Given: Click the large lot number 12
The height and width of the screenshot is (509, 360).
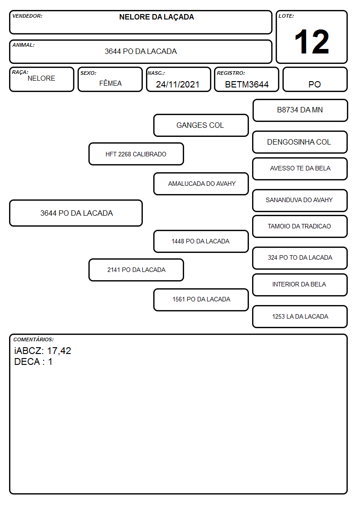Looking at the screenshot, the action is pos(311,42).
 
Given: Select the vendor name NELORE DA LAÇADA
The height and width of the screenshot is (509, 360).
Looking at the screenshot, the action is pos(156,17).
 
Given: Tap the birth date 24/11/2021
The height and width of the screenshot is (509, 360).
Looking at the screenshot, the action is pos(178,84).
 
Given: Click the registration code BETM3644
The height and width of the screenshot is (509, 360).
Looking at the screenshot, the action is pos(247,84).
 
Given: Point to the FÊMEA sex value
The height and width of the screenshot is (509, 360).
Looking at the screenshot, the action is pos(110,83).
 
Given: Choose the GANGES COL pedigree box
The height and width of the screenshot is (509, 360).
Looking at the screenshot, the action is pos(201,125).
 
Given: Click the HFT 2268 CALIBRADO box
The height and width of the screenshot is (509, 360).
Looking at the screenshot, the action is pos(136,154).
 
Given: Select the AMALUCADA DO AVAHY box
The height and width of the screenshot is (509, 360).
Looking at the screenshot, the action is pos(201,184).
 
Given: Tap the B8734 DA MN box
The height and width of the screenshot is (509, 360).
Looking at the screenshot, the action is pos(300,111).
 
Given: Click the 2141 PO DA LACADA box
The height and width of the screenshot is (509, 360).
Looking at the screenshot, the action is pos(136,270).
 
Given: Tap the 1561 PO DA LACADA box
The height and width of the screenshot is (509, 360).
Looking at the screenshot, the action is pos(201,300).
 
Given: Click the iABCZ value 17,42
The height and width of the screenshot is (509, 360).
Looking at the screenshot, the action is pos(59,351).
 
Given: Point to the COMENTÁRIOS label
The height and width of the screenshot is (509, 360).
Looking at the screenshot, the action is pos(34,339).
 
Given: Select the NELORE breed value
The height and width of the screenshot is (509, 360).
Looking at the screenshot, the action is pos(41,78).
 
